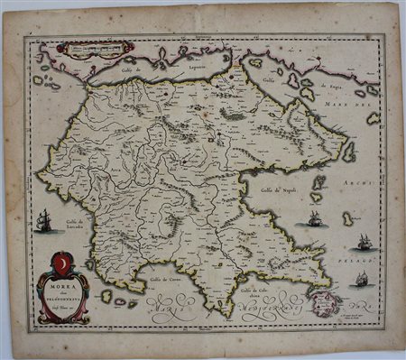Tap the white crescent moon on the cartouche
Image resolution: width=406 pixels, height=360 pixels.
point(61,264)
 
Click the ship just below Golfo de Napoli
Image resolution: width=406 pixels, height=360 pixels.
point(314,219)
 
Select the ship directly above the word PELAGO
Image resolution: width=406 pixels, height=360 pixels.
point(364,241)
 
